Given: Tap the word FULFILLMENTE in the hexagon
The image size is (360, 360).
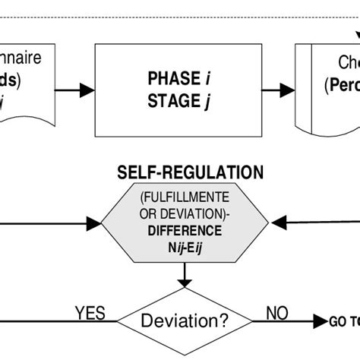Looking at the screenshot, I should coord(186,198).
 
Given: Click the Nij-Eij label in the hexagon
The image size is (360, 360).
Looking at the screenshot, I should coord(186,245).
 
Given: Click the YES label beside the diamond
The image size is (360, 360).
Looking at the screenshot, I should coord(90,312).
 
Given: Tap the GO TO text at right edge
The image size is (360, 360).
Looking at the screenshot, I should coord(343,321).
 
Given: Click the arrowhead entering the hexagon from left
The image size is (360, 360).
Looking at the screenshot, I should coord(93,223).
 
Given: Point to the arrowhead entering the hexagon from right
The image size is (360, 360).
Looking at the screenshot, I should coord(278,223).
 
